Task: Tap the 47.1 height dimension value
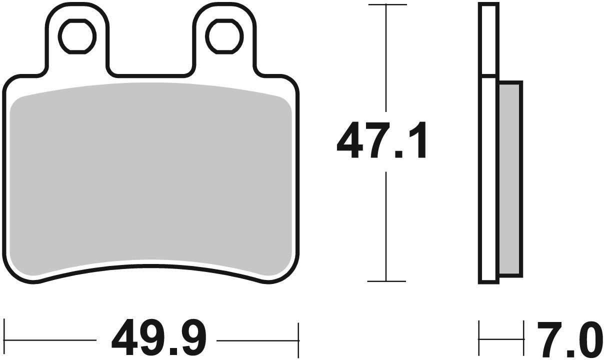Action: [x=382, y=141]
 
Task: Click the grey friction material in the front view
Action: [x=150, y=180]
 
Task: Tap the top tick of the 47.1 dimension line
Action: [x=386, y=5]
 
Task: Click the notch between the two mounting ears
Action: [x=150, y=70]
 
